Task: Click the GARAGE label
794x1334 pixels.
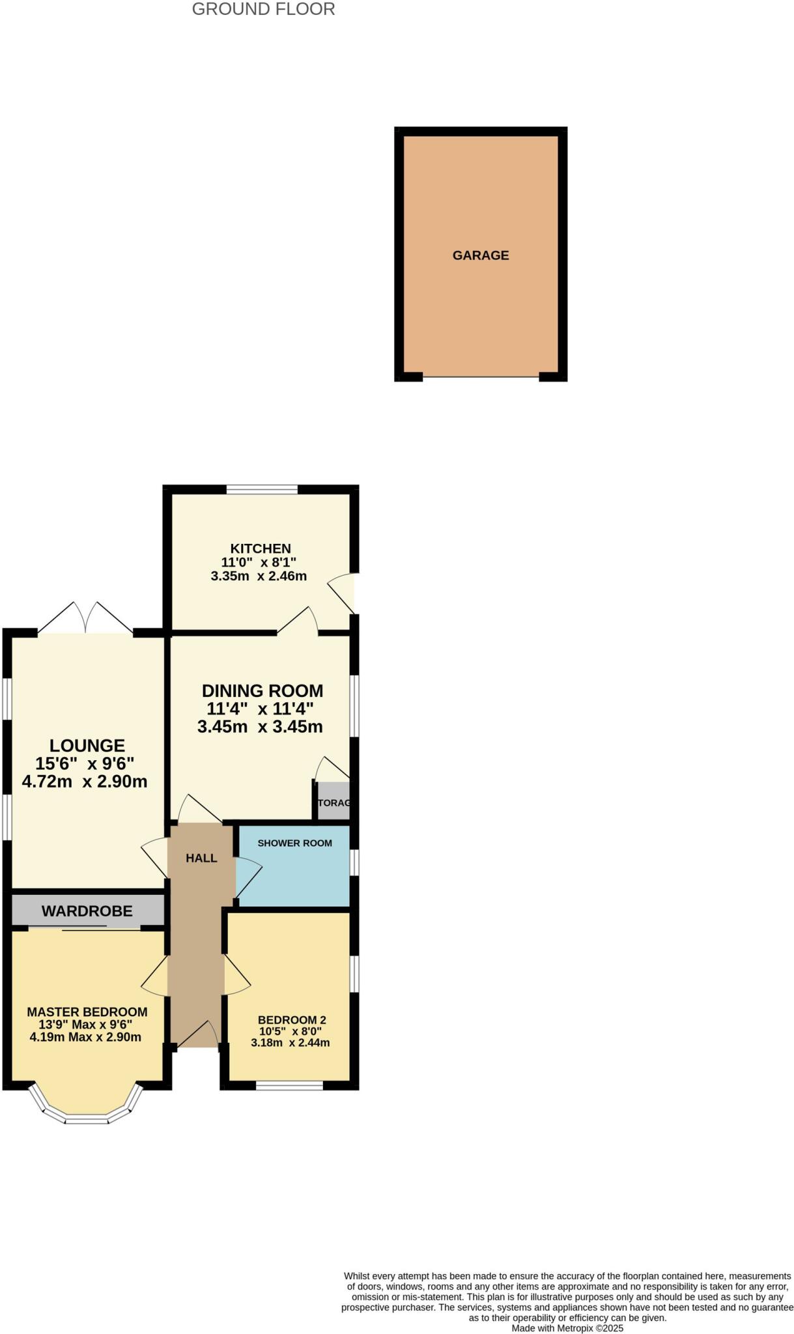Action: [x=481, y=255]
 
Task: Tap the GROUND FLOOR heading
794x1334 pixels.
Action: [x=263, y=9]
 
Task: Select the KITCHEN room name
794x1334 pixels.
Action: [x=261, y=548]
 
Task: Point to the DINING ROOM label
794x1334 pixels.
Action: [x=262, y=690]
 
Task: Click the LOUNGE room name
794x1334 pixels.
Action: [x=87, y=745]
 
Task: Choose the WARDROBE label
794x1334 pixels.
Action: [x=87, y=911]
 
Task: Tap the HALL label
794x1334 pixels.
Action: [x=201, y=859]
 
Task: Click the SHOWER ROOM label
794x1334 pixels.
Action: [x=294, y=843]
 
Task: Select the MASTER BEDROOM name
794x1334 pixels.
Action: [x=87, y=1012]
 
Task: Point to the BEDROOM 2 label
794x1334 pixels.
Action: [x=292, y=1020]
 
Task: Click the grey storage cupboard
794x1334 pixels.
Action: [x=333, y=801]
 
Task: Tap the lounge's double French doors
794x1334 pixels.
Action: [x=86, y=619]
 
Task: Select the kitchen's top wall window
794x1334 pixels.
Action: [x=262, y=489]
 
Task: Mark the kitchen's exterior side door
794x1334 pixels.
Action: [x=343, y=593]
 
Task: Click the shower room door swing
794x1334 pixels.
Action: [x=248, y=876]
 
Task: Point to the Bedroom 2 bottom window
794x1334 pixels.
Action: [x=289, y=1085]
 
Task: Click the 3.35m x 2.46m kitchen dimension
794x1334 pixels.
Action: [x=259, y=576]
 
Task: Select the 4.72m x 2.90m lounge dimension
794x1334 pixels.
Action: [x=85, y=782]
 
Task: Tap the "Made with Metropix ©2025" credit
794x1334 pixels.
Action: [x=567, y=1328]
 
